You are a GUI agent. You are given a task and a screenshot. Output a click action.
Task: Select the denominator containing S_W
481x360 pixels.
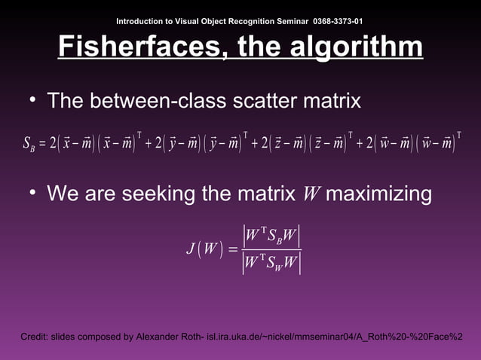click(271, 263)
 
